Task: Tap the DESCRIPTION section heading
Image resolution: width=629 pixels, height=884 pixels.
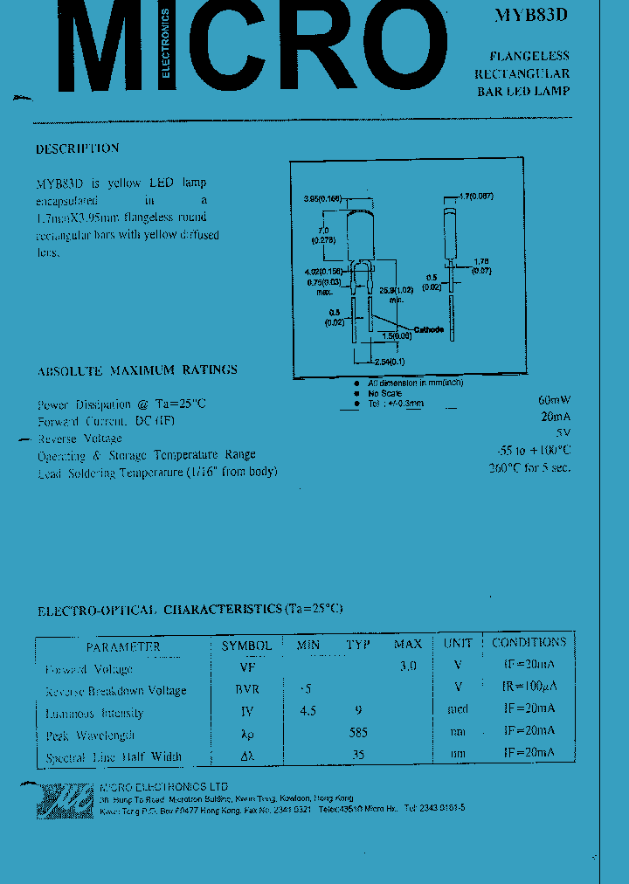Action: [77, 149]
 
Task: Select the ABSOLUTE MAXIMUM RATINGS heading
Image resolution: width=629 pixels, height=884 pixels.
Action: [137, 370]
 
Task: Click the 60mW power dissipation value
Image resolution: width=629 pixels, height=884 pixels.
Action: [554, 401]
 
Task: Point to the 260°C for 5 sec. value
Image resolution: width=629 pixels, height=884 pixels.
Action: [529, 467]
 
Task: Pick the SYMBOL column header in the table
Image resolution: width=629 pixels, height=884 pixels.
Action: [247, 646]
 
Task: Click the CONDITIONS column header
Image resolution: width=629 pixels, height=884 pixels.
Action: [529, 643]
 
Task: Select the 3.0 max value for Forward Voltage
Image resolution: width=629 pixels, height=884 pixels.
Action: [407, 666]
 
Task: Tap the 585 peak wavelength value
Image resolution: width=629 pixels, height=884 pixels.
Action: [357, 733]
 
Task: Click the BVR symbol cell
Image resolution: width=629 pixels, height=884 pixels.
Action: [248, 689]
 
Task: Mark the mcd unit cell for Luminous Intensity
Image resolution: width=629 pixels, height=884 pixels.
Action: [457, 709]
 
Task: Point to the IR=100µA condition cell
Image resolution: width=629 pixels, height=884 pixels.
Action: [529, 687]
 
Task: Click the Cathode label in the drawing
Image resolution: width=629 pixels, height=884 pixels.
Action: [428, 329]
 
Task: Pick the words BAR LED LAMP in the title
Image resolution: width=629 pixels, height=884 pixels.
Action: [522, 92]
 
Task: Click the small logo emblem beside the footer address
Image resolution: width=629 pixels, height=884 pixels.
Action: [64, 798]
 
